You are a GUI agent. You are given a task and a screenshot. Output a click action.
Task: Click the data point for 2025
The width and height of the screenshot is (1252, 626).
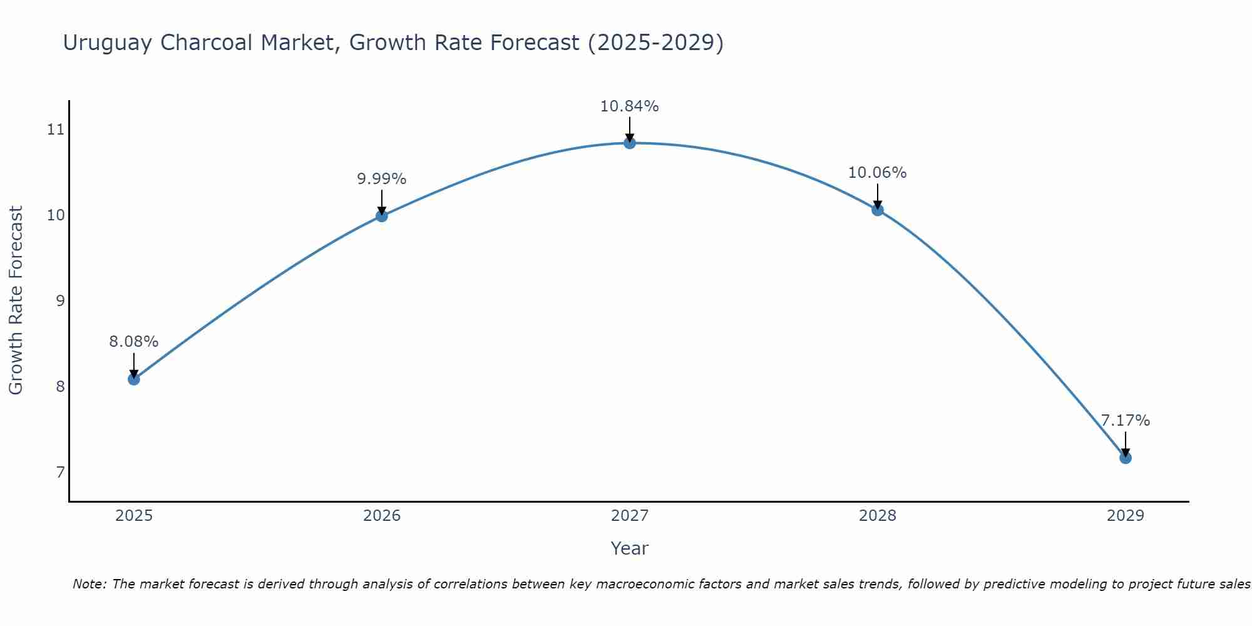point(134,379)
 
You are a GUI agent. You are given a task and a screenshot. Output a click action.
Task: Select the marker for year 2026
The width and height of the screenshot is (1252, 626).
point(382,216)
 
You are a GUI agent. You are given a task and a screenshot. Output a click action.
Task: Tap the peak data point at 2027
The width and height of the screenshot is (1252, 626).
point(630,143)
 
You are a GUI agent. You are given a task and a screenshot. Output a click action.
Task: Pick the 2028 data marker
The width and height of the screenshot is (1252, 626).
point(878,210)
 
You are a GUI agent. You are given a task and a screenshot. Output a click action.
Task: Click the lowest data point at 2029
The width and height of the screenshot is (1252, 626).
point(1126,458)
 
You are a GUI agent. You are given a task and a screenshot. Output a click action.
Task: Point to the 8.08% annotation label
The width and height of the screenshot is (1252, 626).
point(134,342)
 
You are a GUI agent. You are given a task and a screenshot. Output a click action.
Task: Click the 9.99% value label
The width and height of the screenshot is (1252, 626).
point(382,179)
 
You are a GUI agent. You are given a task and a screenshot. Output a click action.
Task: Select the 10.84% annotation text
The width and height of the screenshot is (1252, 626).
point(630,106)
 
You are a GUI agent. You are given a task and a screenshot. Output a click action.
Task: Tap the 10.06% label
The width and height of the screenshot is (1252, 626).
point(878,173)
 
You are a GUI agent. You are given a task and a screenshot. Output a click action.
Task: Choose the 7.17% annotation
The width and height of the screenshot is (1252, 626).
point(1126,421)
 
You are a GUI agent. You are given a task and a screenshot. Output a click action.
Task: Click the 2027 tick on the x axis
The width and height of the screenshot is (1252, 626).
point(630,516)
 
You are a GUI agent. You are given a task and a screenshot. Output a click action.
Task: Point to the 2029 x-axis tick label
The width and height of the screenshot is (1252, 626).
point(1126,516)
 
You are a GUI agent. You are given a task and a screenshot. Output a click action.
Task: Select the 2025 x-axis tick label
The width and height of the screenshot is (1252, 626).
point(134,516)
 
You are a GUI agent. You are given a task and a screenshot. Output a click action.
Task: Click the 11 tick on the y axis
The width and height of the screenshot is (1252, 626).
point(56,130)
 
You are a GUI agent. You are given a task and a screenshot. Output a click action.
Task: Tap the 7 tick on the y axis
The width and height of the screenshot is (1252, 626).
point(60,472)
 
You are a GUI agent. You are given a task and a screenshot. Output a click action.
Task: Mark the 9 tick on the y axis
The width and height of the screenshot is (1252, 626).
point(60,300)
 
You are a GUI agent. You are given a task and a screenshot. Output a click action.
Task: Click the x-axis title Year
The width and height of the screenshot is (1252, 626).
point(630,548)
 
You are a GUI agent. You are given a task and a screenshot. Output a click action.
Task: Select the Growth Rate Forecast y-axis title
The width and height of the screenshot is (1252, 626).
point(16,300)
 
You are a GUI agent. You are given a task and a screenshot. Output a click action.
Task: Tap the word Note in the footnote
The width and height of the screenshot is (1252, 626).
point(89,584)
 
